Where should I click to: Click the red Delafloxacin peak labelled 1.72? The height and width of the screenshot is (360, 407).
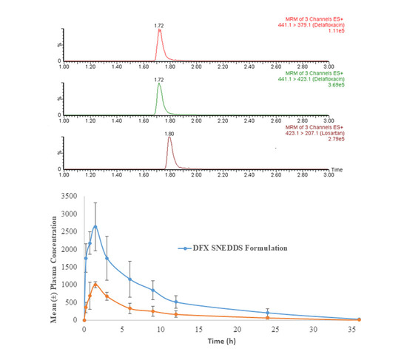point(159,31)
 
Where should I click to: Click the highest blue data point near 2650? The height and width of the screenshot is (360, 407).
point(95,226)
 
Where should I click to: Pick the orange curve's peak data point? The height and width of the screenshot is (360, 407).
point(95,284)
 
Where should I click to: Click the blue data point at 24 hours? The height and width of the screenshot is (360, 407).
point(268,313)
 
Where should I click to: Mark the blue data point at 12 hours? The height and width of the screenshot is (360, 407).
point(176,302)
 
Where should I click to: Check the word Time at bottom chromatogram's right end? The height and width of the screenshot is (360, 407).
point(336,169)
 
